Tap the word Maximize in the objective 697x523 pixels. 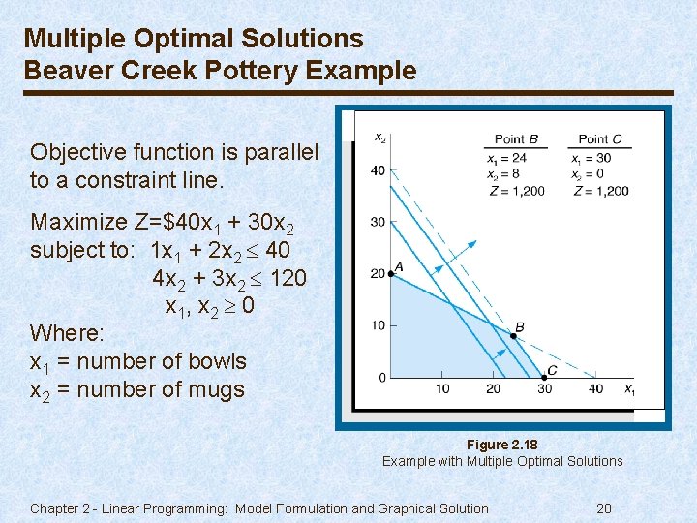[78, 222]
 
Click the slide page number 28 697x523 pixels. [604, 508]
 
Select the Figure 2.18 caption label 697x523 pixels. [501, 445]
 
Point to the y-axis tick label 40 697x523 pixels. [378, 171]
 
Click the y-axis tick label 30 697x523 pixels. [378, 223]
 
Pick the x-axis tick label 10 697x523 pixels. [442, 389]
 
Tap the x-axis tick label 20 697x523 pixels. [494, 389]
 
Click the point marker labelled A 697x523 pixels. [391, 274]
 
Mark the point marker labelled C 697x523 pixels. [545, 377]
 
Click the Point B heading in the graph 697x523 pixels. [516, 138]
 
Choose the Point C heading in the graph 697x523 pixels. [600, 138]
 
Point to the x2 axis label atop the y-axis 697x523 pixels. [380, 138]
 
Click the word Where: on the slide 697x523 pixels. [64, 333]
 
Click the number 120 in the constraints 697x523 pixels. [288, 278]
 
